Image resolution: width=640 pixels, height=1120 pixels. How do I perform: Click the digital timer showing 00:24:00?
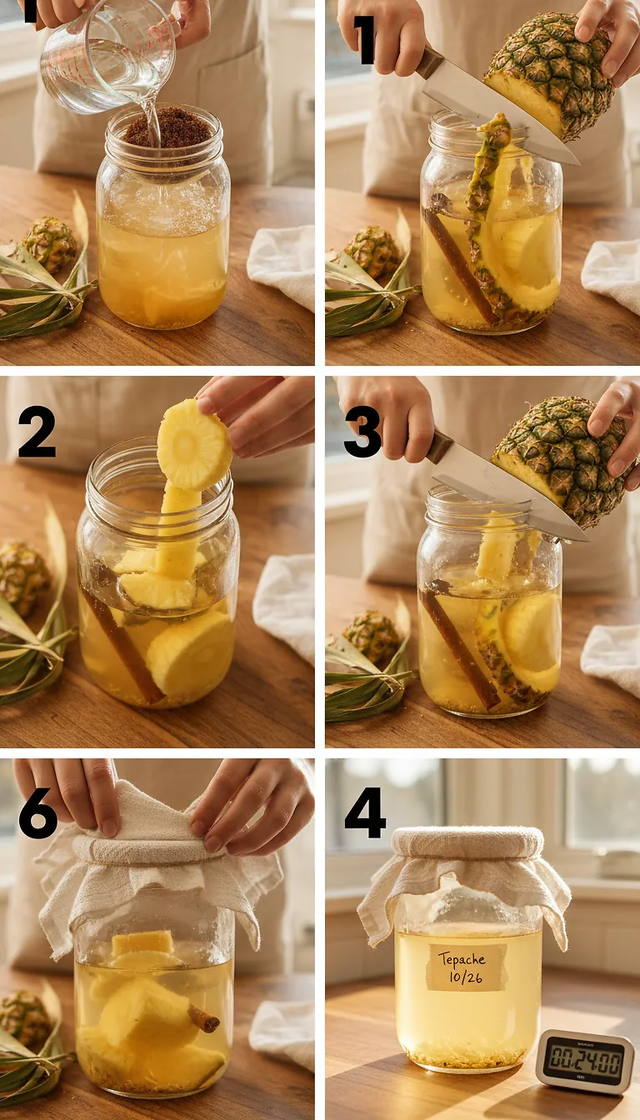584,1061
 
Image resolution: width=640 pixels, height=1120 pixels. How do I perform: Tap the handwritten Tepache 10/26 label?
467,966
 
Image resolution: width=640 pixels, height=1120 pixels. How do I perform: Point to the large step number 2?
37,432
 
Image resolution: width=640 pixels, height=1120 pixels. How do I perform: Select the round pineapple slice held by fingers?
194,445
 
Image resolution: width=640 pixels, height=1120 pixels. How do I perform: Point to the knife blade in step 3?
508,500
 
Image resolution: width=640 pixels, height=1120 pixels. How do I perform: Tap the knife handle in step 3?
439,447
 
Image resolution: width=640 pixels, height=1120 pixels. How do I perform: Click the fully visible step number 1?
363,39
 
